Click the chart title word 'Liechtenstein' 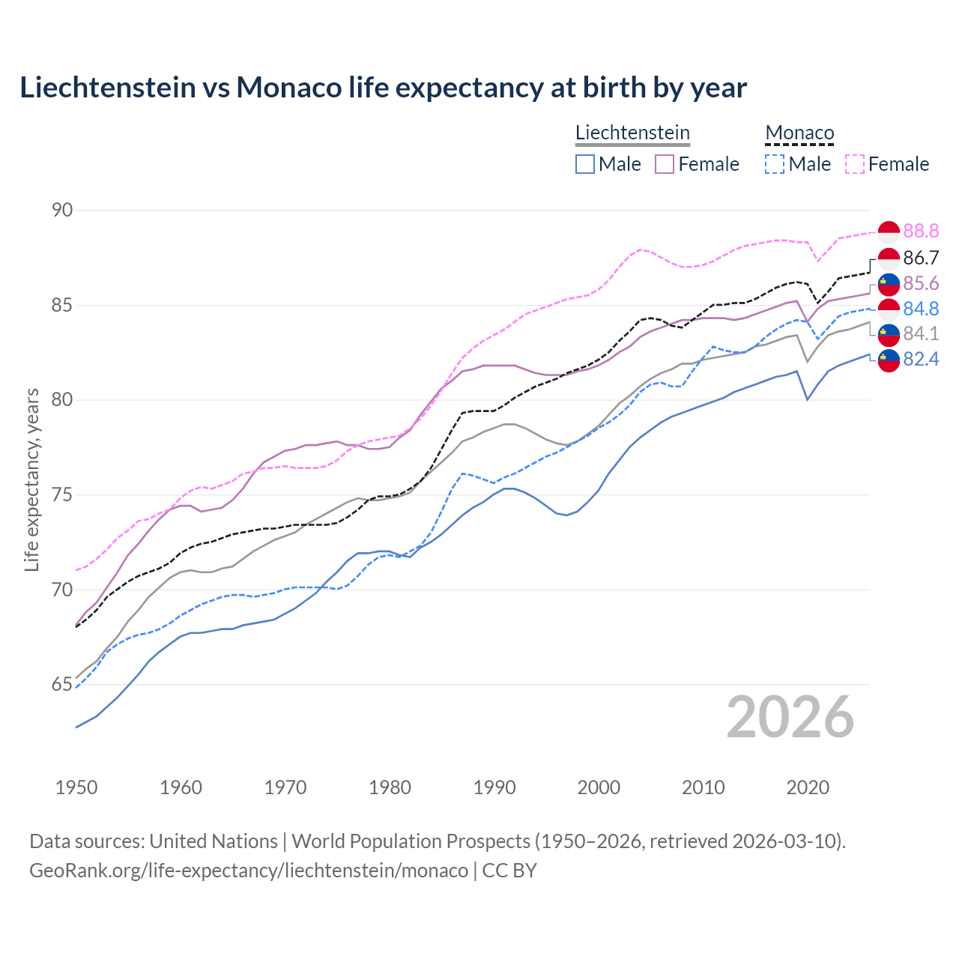tap(107, 88)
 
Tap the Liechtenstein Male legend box tap(585, 164)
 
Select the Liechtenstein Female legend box tap(665, 164)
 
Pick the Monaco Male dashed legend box tap(775, 164)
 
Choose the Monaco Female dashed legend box tap(855, 164)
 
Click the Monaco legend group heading tap(799, 133)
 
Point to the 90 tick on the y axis tap(62, 211)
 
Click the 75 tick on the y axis tap(62, 495)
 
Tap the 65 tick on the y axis tap(62, 685)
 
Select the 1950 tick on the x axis tap(76, 787)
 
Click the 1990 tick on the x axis tap(494, 787)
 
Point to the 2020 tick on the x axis tap(808, 787)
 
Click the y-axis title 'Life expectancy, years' tap(31, 479)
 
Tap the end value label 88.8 tap(921, 232)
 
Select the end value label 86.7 tap(921, 258)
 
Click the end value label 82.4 tap(921, 360)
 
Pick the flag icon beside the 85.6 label tap(889, 284)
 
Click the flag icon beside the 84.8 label tap(889, 309)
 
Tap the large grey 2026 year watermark tap(790, 717)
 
